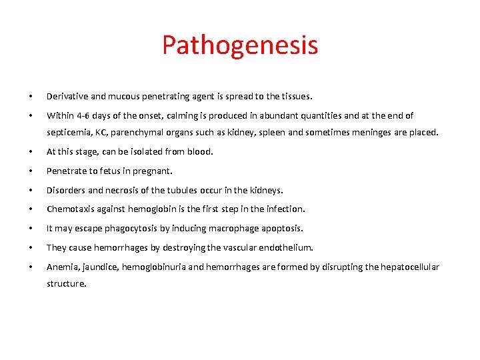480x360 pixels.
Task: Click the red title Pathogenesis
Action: (x=240, y=45)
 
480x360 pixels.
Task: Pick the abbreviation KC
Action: (x=107, y=132)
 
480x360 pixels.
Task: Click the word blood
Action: (x=199, y=151)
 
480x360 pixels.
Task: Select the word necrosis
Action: (x=123, y=190)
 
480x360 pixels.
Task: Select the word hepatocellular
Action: (x=408, y=267)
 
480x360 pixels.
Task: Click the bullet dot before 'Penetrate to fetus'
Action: (x=30, y=171)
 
